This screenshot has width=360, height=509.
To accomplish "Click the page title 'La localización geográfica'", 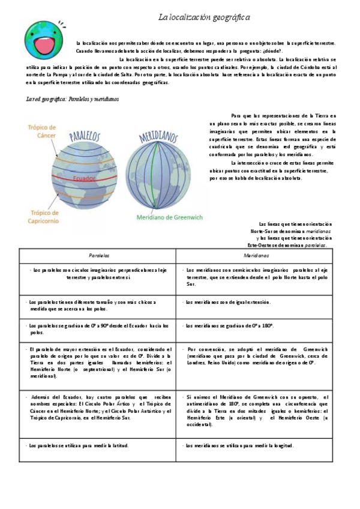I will pos(204,19).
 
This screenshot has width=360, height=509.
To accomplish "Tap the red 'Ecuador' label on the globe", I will pos(83,178).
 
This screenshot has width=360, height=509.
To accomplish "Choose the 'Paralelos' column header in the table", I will pos(96,255).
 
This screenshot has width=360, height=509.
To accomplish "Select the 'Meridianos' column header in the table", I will pos(257,255).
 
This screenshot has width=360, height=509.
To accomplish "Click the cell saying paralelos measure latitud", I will pos(96,446).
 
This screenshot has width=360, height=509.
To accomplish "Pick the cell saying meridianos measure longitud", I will pos(257,446).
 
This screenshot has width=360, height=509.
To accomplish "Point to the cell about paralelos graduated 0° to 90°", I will pos(96,328).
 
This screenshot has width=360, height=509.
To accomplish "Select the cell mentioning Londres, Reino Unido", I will pos(257,356).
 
